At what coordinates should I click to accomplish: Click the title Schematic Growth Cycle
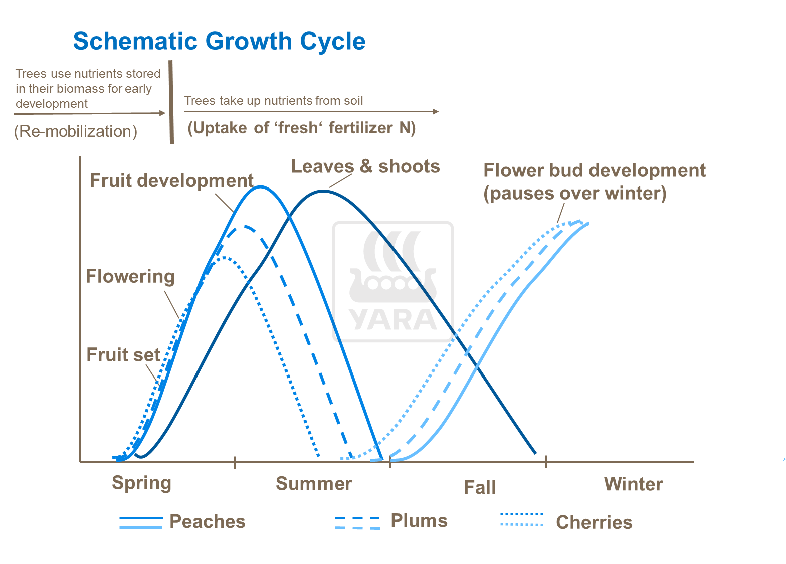click(x=219, y=41)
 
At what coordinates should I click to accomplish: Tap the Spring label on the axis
click(x=141, y=483)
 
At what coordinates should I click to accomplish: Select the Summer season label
click(x=314, y=484)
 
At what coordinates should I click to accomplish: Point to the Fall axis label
click(x=480, y=487)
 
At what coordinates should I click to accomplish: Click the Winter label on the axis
click(x=633, y=484)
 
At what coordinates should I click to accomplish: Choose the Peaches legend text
click(x=208, y=522)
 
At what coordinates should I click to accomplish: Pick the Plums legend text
click(x=419, y=521)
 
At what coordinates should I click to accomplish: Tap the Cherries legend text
click(x=594, y=522)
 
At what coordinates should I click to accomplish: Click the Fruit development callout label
click(x=171, y=180)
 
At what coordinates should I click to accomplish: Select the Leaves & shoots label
click(x=365, y=166)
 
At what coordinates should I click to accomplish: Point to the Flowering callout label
click(x=130, y=276)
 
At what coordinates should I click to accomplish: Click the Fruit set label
click(x=123, y=355)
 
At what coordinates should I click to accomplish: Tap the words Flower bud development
click(x=595, y=171)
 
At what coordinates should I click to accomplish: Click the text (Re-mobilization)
click(x=76, y=131)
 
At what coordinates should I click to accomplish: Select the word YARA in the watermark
click(x=393, y=320)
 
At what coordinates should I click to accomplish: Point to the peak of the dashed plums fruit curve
click(x=245, y=226)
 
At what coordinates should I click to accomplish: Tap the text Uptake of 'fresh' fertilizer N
click(x=301, y=128)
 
